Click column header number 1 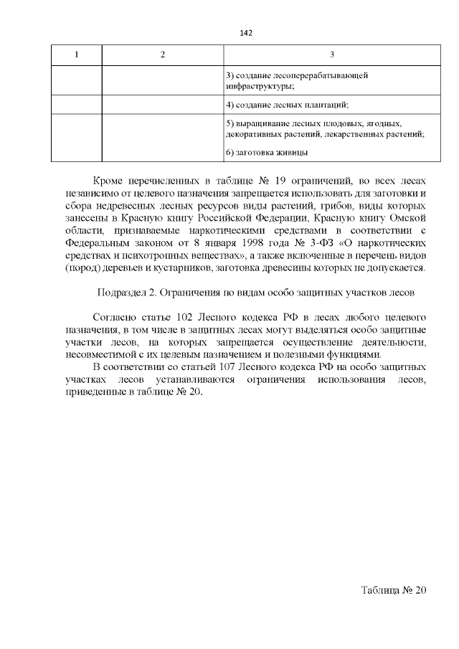tap(77, 55)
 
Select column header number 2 tap(163, 55)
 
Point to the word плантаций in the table tap(328, 105)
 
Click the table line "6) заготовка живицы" tap(266, 152)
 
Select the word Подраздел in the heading tap(122, 293)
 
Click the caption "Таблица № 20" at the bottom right tap(394, 590)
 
